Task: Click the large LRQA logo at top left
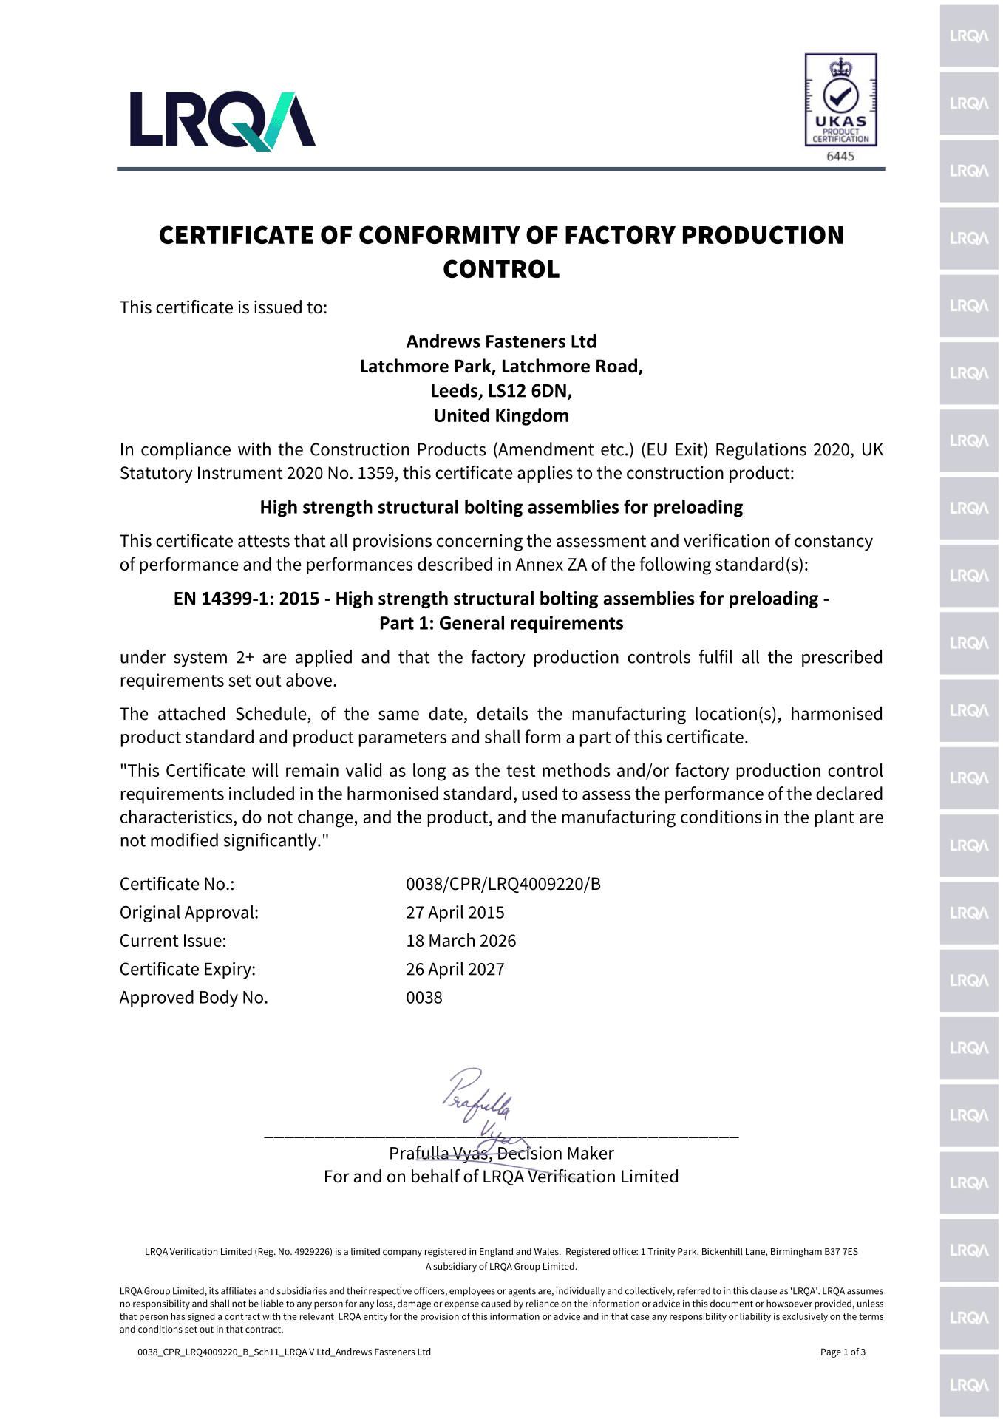click(222, 120)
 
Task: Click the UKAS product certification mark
click(840, 100)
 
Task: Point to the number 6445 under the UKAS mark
click(840, 157)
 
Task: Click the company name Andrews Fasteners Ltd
click(501, 341)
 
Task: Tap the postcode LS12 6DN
click(529, 391)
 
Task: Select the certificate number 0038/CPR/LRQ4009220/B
click(503, 884)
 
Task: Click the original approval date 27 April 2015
click(455, 913)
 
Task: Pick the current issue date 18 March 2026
click(460, 941)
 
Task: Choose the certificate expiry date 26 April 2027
click(455, 969)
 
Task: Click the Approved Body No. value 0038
click(424, 998)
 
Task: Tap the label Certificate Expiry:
click(188, 969)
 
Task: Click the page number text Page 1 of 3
click(843, 1352)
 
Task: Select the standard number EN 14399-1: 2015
click(246, 599)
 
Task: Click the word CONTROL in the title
click(501, 269)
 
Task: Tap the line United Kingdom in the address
click(501, 416)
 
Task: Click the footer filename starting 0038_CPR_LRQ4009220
click(284, 1352)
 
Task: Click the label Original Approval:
click(189, 913)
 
